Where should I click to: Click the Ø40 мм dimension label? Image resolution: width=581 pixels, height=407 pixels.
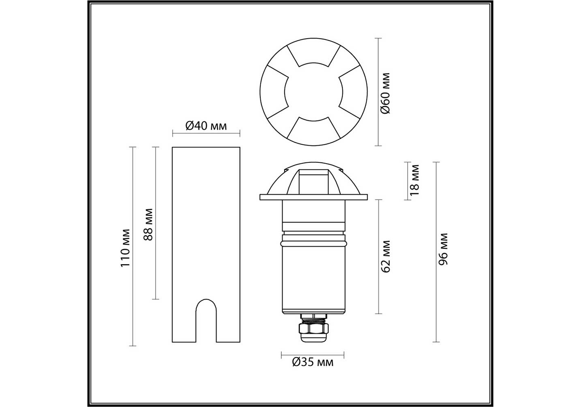coord(206,126)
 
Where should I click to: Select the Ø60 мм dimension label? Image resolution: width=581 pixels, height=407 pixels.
coord(385,93)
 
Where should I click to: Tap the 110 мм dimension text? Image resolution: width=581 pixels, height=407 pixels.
coord(125,248)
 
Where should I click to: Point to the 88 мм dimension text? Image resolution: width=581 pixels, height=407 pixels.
coord(148,225)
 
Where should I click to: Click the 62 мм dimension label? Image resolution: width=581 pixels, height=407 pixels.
coord(385,256)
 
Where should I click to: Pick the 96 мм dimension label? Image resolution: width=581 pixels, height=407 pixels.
coord(443,249)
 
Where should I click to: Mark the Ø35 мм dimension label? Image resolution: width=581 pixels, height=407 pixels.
coord(313,362)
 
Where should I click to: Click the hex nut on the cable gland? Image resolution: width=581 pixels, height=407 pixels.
coord(313,328)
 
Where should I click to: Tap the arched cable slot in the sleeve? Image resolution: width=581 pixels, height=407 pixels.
coord(206,320)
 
